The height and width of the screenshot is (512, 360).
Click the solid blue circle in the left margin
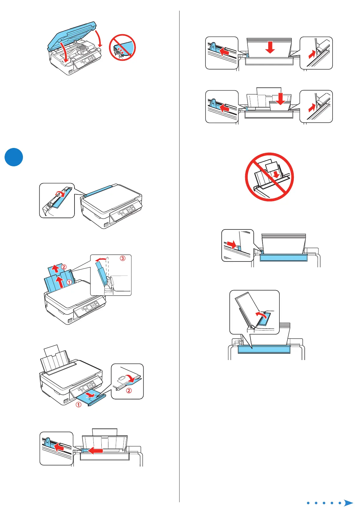[14, 157]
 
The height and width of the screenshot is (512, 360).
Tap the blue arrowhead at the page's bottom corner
[348, 503]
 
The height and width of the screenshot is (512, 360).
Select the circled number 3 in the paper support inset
[122, 258]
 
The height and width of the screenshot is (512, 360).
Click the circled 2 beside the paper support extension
[64, 267]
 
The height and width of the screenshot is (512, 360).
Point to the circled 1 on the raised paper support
[69, 282]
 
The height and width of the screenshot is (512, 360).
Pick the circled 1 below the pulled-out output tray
[78, 405]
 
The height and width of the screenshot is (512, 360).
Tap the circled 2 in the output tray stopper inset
[129, 390]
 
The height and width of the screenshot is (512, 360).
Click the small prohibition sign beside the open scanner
[122, 47]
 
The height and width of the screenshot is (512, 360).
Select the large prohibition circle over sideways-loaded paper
[269, 177]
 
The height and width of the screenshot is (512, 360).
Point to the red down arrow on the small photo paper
[280, 99]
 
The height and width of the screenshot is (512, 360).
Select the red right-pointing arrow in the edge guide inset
[232, 244]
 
